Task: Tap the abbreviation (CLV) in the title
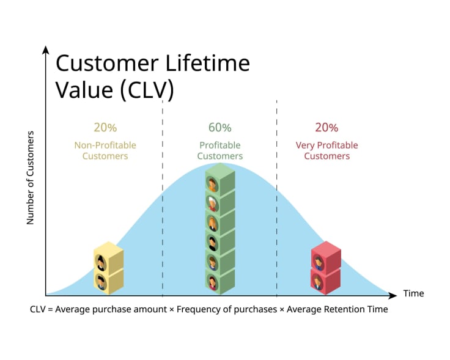147,90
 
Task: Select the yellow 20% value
105,127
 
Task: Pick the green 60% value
220,127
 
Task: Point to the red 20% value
326,127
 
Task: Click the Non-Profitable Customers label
105,150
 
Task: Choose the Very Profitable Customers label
327,150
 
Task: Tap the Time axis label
413,293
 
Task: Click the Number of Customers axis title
30,178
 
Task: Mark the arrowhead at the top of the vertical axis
45,50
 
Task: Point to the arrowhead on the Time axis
393,295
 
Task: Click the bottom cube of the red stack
326,281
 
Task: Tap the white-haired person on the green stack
213,204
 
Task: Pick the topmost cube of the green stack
220,180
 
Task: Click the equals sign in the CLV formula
50,309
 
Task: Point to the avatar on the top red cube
319,262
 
